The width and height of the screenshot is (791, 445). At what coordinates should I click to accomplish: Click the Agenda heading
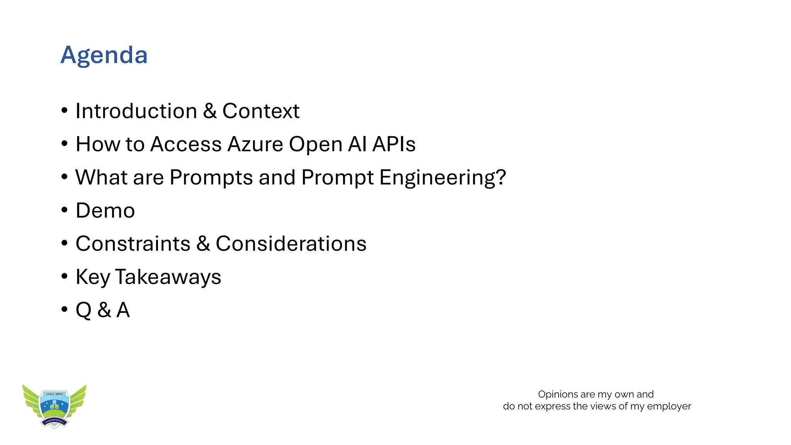point(104,55)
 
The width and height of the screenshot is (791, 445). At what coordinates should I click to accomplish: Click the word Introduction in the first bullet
point(136,111)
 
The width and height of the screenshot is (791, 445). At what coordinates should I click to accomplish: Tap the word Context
point(261,111)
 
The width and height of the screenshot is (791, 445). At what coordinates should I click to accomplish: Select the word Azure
point(255,144)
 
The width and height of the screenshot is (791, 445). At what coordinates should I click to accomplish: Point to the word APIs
point(394,144)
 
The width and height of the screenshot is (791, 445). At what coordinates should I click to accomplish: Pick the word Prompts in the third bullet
point(211,178)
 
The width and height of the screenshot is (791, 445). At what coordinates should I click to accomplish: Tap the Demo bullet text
point(105,211)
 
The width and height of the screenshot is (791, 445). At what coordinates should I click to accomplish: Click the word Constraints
point(133,244)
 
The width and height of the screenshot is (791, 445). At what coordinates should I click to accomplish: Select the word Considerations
point(291,244)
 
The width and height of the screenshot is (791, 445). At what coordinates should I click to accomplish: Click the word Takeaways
point(168,277)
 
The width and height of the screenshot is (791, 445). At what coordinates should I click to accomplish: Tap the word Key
point(93,277)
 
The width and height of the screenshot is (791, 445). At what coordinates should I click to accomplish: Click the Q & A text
point(102,310)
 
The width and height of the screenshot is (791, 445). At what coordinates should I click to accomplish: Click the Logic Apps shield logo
point(54,408)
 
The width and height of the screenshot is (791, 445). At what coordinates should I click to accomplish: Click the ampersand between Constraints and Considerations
point(203,244)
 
